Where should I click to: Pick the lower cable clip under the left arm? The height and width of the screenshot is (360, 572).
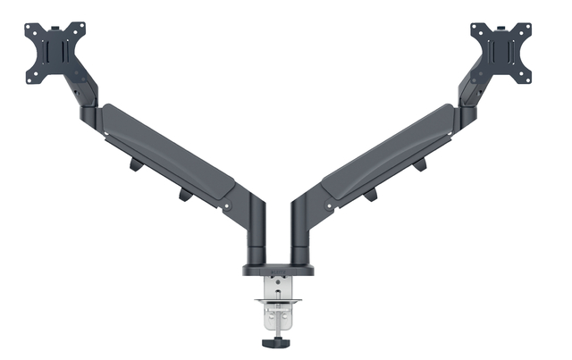click(185, 195)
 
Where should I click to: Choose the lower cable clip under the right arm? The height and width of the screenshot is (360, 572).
click(369, 195)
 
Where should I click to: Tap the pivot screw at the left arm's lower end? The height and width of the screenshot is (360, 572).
click(227, 206)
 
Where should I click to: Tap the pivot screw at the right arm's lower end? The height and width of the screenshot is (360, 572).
click(328, 206)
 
